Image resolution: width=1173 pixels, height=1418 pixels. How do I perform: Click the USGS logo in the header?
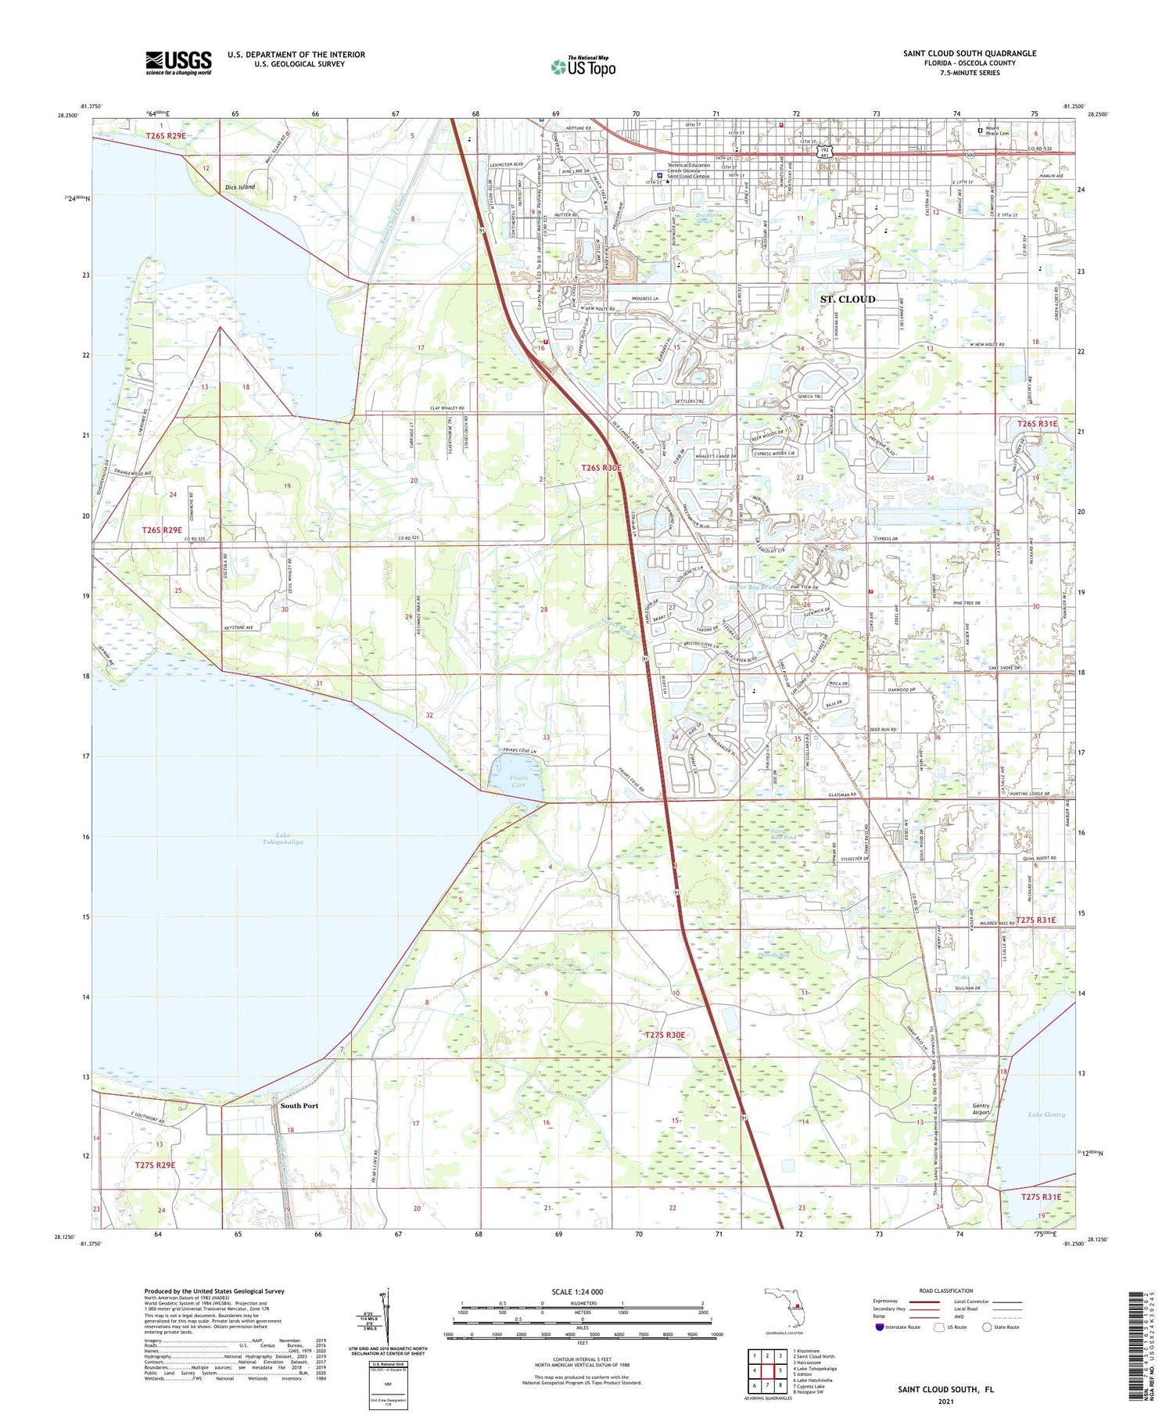[178, 63]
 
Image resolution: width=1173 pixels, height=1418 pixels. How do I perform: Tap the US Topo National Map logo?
[583, 66]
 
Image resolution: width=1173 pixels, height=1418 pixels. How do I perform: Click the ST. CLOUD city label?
[847, 300]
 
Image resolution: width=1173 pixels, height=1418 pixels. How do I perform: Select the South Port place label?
[300, 1106]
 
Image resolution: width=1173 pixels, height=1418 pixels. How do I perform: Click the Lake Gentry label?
[1046, 1115]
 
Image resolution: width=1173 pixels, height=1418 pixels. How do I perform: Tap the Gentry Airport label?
[981, 1109]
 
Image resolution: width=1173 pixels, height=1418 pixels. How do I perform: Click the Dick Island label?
[239, 187]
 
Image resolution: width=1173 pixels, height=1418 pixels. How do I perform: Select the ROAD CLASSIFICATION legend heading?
[945, 1291]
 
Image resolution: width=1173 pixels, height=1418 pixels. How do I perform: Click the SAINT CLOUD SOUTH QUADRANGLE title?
[969, 53]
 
